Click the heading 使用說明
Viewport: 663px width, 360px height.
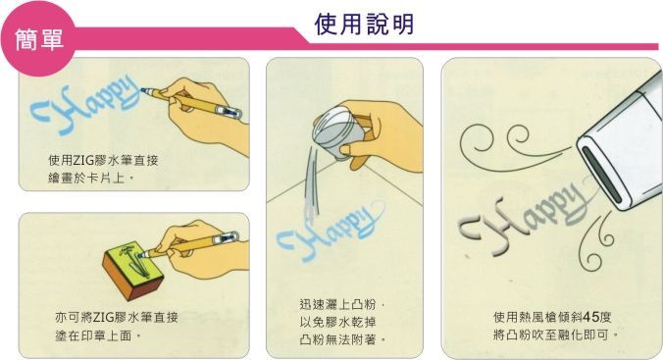pos(364,25)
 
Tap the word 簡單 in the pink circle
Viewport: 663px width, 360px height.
pos(39,40)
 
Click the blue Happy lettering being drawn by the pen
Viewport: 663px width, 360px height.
pos(84,108)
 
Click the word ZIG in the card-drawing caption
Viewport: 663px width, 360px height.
pos(81,160)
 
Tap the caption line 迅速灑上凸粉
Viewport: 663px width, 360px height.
pos(341,304)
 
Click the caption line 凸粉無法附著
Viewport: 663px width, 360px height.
pos(342,339)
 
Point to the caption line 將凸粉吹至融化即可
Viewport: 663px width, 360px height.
pos(555,335)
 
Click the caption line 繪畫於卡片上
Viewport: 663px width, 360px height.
pos(90,179)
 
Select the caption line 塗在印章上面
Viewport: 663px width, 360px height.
pos(98,335)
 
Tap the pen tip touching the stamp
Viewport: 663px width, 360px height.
pos(143,255)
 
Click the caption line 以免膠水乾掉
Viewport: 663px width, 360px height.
pos(337,322)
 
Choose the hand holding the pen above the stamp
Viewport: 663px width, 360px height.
pos(199,249)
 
